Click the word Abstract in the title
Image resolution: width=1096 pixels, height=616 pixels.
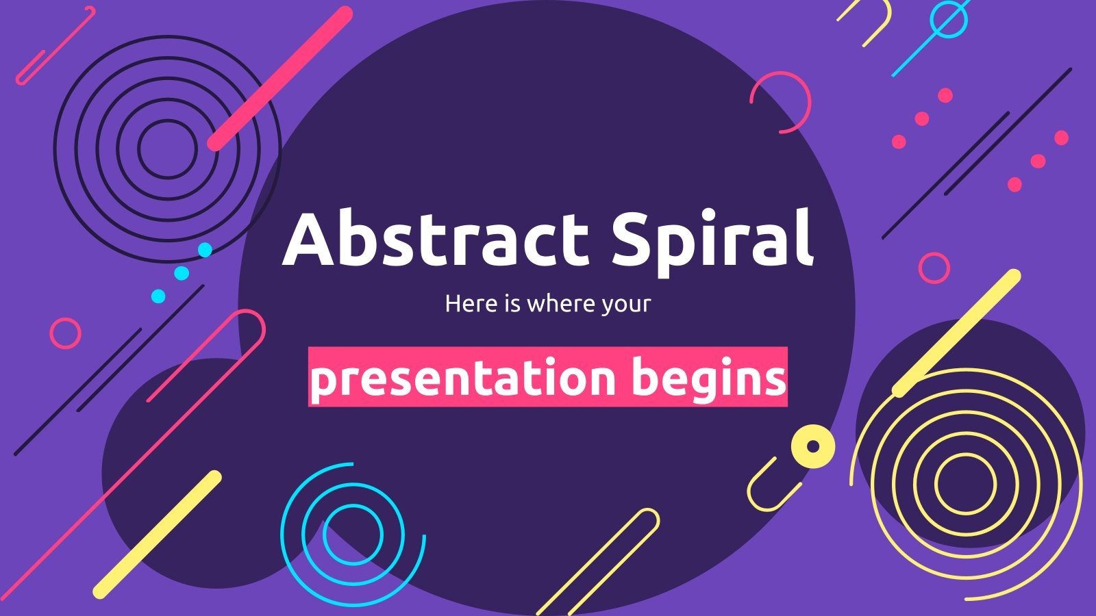[436, 238]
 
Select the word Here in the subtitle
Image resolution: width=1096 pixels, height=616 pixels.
[469, 304]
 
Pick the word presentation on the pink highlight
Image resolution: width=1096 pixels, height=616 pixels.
[463, 379]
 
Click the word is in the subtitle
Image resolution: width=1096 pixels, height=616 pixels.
[509, 304]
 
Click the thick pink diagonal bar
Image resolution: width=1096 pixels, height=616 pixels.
[280, 78]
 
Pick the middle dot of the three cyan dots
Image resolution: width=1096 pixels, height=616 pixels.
[182, 273]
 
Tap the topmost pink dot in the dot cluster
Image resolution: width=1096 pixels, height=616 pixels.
[945, 95]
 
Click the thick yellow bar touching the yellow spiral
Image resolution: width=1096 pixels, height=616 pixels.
[956, 333]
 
